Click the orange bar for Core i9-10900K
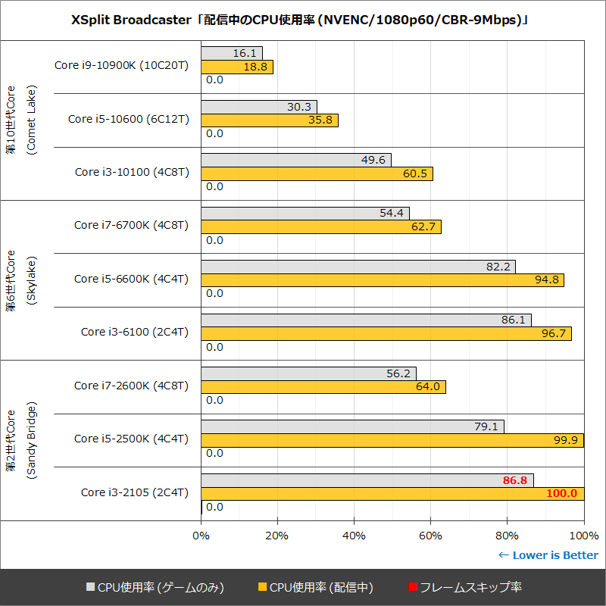tap(237, 67)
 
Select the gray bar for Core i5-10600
tap(259, 107)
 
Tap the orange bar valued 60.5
tap(317, 173)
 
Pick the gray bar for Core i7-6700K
tap(305, 214)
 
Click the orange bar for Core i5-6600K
tap(383, 280)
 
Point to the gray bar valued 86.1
tap(366, 320)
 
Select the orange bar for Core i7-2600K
tap(323, 387)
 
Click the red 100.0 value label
tap(561, 493)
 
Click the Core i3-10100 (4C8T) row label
tap(132, 172)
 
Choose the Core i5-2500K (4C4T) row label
tap(131, 439)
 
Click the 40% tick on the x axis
tap(354, 536)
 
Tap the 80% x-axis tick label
tap(508, 536)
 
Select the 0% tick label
tap(201, 536)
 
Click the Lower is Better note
tap(548, 555)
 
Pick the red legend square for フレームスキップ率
tap(412, 587)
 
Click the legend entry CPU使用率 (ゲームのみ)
tap(155, 587)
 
